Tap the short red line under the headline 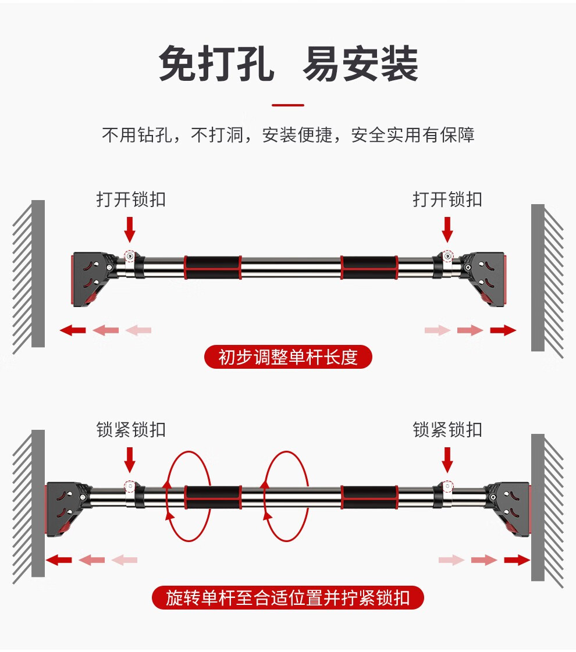coord(288,105)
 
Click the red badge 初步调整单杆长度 coord(288,357)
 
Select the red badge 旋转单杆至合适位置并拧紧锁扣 coord(288,598)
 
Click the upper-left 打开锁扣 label coord(131,199)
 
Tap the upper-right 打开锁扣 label coord(447,199)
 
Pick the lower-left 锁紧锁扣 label coord(131,430)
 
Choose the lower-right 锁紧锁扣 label coord(447,430)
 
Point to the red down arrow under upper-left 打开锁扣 coord(130,229)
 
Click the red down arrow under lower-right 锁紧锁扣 coord(447,459)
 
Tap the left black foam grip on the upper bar coord(212,267)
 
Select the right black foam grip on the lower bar coord(369,497)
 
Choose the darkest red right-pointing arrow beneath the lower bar coord(517,560)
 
